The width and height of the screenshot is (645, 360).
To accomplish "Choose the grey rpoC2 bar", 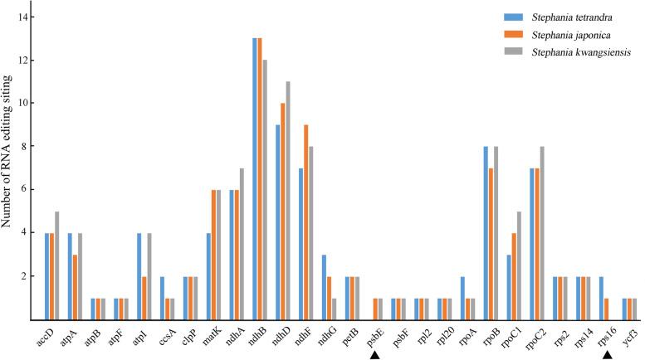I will tap(542, 233).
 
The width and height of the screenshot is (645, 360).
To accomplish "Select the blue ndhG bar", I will tap(324, 287).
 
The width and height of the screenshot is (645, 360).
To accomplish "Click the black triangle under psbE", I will tap(375, 354).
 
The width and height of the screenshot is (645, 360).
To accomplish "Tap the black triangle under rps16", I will tap(607, 354).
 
